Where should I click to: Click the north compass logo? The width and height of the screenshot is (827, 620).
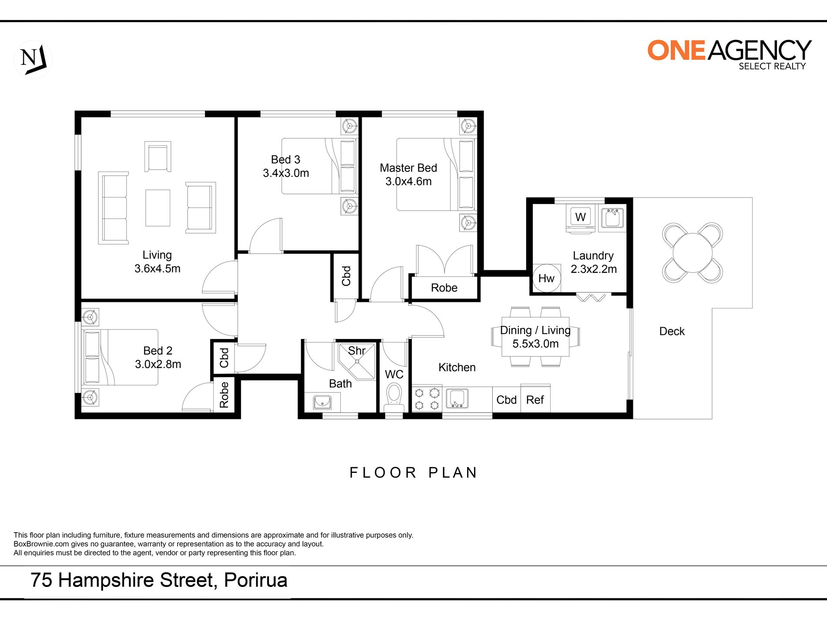33,59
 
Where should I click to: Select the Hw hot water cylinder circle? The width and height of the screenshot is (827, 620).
546,278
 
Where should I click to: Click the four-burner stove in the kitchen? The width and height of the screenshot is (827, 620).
427,399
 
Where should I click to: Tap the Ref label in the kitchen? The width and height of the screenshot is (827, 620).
535,400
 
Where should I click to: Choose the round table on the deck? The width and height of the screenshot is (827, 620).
693,252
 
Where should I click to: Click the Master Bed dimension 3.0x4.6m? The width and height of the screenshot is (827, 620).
408,181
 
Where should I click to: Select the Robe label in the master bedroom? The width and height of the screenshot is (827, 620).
444,288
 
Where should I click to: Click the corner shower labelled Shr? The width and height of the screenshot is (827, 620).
356,361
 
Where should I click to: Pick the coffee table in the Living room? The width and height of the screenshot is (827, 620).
158,208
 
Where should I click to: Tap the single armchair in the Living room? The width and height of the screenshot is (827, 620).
158,157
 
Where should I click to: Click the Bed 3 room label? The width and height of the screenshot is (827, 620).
286,160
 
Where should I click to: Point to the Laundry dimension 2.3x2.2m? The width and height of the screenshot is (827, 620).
594,269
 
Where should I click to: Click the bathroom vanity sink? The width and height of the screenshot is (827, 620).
322,402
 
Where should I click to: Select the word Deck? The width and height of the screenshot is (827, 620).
672,332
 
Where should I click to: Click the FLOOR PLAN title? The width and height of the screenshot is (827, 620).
413,473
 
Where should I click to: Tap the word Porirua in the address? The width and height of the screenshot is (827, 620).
255,580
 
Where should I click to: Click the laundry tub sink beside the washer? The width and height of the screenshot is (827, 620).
612,218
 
